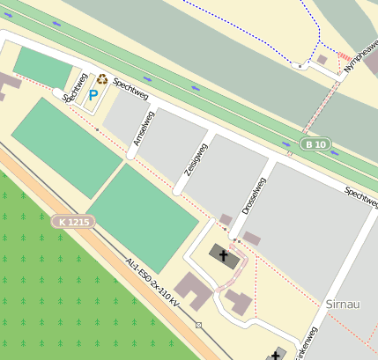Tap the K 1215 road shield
click(x=73, y=222)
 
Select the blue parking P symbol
click(x=93, y=94)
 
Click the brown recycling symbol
click(x=102, y=78)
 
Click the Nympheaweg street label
click(x=361, y=55)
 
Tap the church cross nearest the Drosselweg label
click(x=224, y=257)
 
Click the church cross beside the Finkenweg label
click(x=280, y=355)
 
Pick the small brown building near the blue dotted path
click(x=322, y=60)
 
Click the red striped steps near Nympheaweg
click(x=345, y=55)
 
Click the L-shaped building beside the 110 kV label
click(x=191, y=291)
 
